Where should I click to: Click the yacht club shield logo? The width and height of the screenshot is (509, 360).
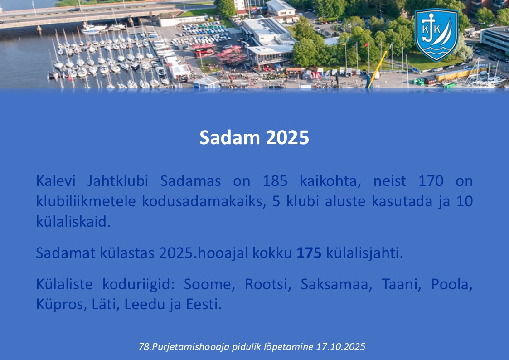(436, 35)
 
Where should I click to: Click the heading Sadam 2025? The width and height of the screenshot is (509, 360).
(254, 137)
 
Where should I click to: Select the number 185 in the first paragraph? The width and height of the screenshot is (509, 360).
(275, 181)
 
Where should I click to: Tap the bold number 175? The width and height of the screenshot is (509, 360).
(309, 253)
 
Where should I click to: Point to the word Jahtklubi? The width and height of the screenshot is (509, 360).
(117, 181)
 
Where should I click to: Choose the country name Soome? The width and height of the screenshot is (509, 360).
(209, 284)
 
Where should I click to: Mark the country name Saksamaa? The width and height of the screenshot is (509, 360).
(336, 284)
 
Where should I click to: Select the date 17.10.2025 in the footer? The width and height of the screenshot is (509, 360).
(340, 347)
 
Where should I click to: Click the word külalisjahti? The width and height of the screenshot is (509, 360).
(364, 253)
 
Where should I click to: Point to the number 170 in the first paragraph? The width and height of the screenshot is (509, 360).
(431, 181)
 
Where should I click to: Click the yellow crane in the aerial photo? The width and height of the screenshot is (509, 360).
(377, 69)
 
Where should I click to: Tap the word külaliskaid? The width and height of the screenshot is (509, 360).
(73, 222)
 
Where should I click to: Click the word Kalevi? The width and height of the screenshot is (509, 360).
(55, 181)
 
